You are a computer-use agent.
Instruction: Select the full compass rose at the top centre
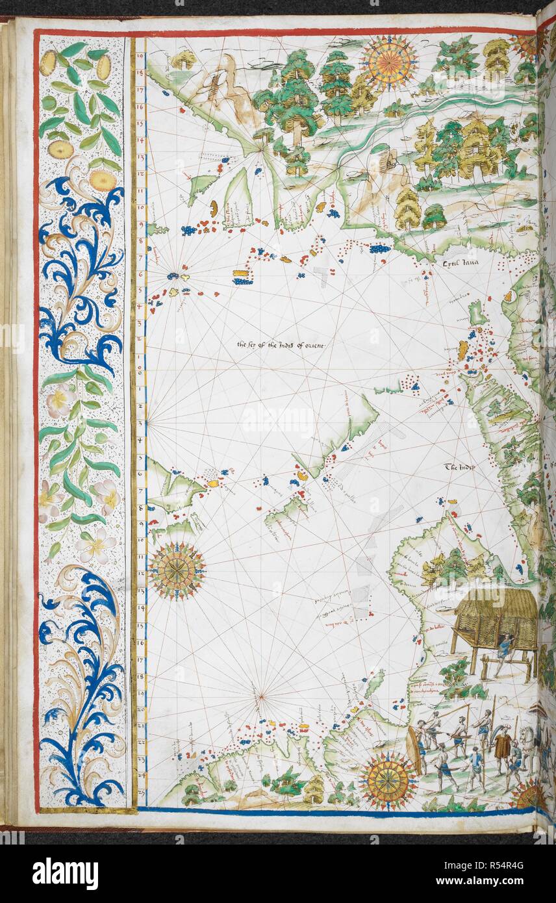tap(388, 62)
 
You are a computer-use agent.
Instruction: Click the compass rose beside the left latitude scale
tap(177, 570)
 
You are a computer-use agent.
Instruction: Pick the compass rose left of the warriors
tap(388, 781)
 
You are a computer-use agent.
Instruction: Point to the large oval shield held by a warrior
tap(414, 750)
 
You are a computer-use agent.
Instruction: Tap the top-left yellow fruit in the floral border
tap(48, 63)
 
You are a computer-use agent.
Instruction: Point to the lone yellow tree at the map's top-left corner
tap(184, 59)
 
